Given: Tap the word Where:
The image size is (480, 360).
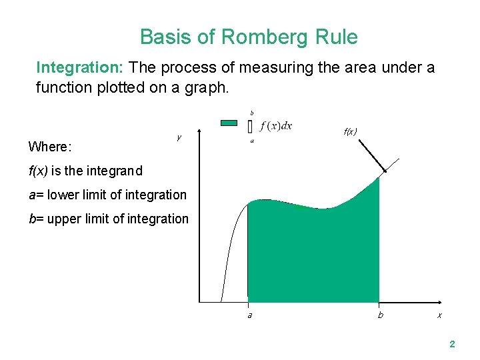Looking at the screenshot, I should click(x=51, y=146).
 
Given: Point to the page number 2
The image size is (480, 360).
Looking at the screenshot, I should click(x=452, y=345).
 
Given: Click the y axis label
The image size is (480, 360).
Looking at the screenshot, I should click(x=179, y=138).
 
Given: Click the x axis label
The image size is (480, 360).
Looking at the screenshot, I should click(x=439, y=315).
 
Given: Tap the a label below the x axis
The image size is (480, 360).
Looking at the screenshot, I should click(x=249, y=315).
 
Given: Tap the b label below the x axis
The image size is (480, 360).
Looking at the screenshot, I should click(x=381, y=315).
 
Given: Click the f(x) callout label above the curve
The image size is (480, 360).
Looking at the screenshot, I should click(x=350, y=131).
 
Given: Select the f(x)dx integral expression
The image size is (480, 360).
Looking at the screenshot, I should click(x=276, y=126).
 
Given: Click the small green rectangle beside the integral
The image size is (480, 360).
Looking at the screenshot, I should click(x=229, y=123).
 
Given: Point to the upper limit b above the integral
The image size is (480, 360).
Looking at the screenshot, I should click(x=251, y=113).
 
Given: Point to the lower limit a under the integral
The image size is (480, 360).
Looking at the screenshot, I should click(x=251, y=141).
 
